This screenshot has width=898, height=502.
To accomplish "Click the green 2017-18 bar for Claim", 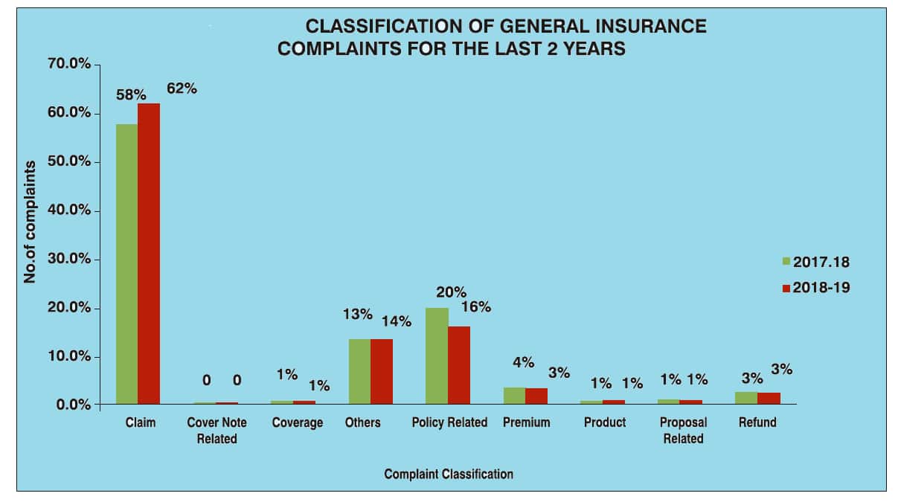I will [x=126, y=264].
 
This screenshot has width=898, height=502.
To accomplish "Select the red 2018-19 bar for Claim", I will [x=149, y=254].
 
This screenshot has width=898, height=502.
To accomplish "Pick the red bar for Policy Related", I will [x=459, y=364].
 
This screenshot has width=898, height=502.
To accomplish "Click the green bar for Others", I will [x=360, y=371].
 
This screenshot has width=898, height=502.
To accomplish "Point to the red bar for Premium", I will [x=536, y=396].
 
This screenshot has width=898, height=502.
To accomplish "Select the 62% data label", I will [x=182, y=89].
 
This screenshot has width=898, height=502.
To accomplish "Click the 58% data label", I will [x=131, y=95].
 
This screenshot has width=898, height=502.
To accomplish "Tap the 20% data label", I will [x=451, y=292].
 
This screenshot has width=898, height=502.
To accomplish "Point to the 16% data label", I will [x=475, y=306].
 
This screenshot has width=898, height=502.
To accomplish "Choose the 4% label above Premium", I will [x=524, y=362].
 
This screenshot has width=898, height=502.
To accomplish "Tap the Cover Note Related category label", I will [x=217, y=431].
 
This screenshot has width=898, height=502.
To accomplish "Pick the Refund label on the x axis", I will [x=757, y=422].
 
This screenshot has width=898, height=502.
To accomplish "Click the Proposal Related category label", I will [x=683, y=431].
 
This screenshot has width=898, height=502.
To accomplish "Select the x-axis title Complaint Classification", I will [x=449, y=474].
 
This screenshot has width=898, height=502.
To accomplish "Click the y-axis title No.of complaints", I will [x=31, y=221].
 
